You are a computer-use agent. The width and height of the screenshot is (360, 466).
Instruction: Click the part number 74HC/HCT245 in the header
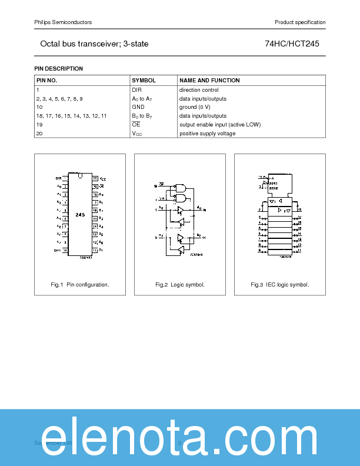(x=292, y=44)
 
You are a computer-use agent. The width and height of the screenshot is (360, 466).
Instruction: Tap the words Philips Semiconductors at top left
(x=63, y=22)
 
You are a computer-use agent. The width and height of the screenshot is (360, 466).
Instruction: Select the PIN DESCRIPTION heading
(x=59, y=69)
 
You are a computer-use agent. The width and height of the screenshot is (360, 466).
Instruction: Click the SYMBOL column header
(x=144, y=80)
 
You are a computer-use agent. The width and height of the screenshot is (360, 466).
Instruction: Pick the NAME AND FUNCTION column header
(x=209, y=80)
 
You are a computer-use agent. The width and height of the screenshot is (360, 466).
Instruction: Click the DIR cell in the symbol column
(x=137, y=90)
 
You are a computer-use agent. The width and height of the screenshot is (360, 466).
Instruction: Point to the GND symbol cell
(x=138, y=107)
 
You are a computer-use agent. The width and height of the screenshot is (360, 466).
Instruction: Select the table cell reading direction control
(x=199, y=90)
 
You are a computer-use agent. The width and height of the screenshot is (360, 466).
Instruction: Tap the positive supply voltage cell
(x=207, y=134)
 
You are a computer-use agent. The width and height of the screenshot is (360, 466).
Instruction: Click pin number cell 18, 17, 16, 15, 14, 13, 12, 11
(x=71, y=116)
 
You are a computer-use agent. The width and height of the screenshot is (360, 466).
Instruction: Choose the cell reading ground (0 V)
(x=195, y=107)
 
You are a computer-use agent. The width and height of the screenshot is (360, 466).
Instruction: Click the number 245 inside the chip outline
(x=80, y=215)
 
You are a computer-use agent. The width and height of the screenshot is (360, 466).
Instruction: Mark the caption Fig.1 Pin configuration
(x=80, y=285)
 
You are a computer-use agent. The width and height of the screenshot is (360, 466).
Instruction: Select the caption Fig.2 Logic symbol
(x=180, y=285)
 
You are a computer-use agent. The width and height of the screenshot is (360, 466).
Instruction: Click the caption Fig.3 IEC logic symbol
(x=280, y=285)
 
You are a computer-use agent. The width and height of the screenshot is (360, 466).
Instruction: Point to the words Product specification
(x=300, y=22)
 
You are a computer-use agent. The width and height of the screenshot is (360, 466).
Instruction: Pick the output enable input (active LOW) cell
(x=220, y=125)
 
